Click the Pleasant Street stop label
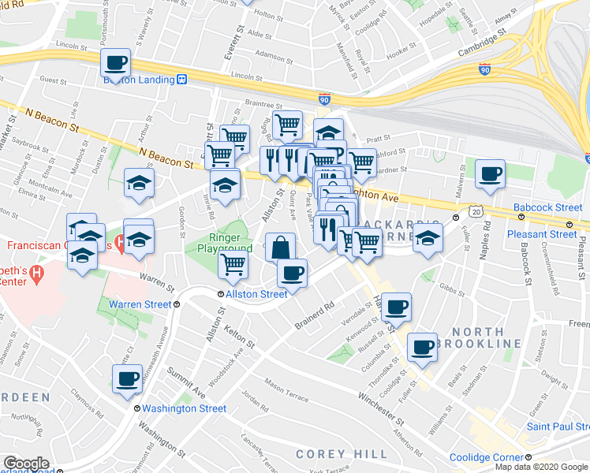542,234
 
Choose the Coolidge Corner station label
486,458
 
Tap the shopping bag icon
279,248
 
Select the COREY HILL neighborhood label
342,454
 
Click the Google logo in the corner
26,464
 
